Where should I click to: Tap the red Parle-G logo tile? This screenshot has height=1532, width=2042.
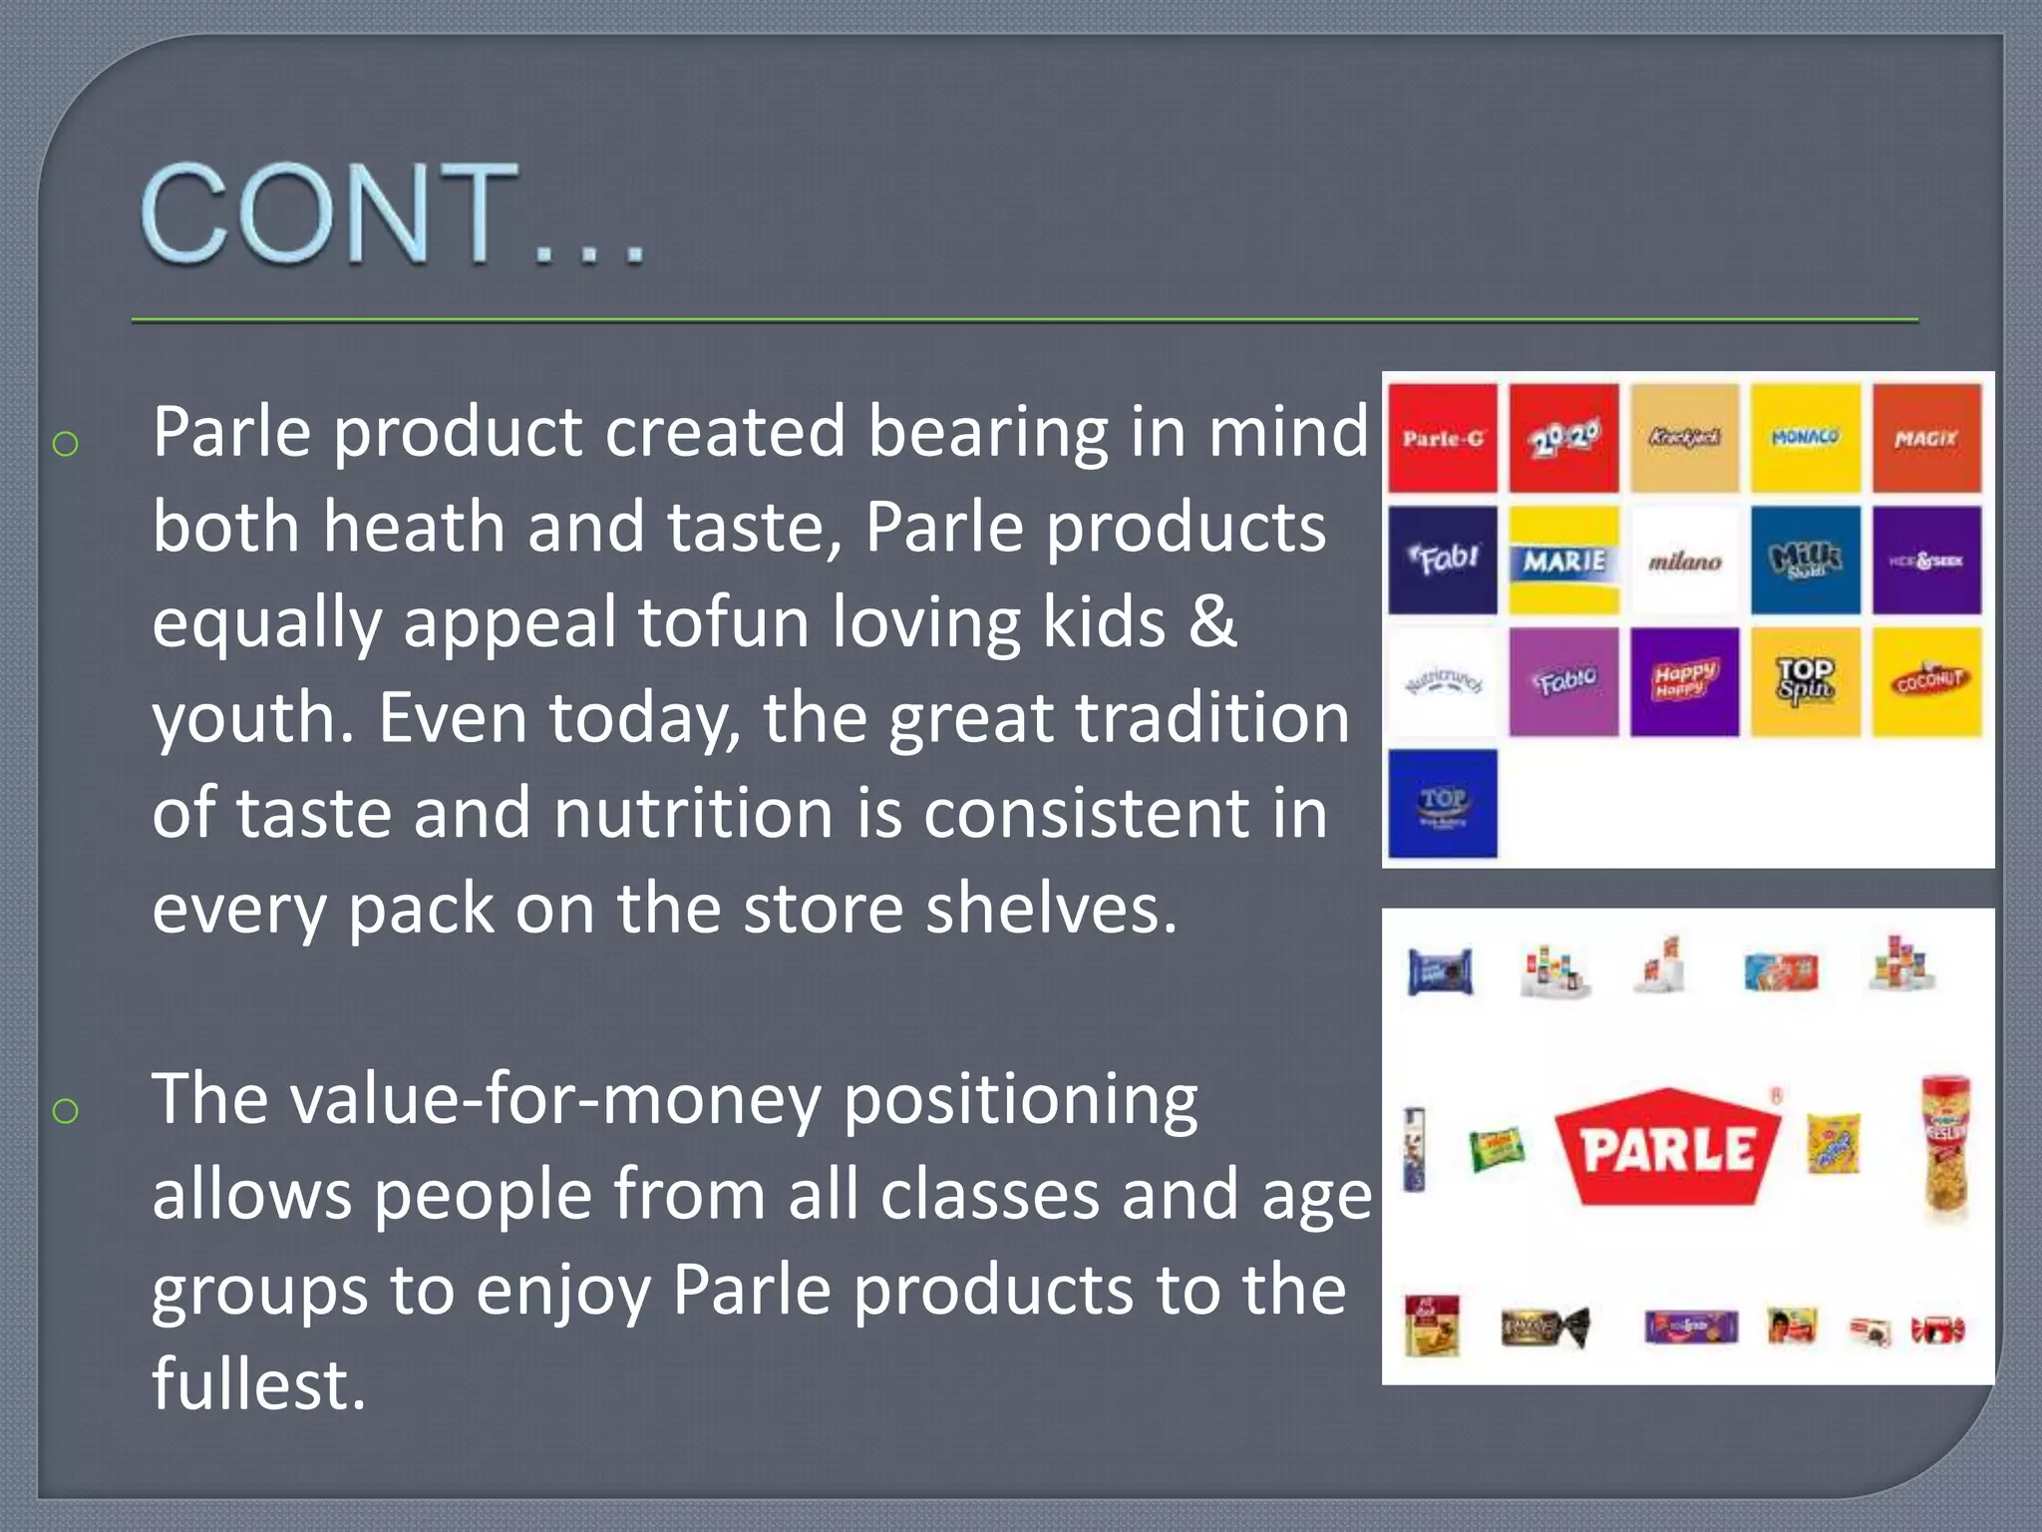click(x=1443, y=438)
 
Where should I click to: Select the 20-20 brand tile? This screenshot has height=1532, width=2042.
click(x=1563, y=438)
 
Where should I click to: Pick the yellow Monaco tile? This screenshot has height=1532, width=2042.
click(x=1805, y=438)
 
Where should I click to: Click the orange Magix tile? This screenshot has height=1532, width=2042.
click(x=1926, y=438)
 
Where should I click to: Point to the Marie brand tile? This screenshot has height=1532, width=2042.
click(x=1563, y=560)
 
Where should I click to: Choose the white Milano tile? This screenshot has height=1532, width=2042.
click(x=1684, y=561)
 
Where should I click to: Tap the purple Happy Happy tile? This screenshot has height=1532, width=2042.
click(x=1684, y=681)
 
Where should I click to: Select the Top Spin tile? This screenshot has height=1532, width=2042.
click(x=1805, y=681)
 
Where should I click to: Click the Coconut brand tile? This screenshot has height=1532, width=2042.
click(x=1926, y=681)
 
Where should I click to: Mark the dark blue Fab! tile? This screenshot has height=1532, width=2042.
click(x=1443, y=560)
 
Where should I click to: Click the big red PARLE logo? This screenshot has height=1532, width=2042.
click(x=1668, y=1147)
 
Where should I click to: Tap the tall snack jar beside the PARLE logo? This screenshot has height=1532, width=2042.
click(x=1945, y=1147)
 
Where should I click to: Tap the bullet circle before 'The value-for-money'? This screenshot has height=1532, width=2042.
click(x=66, y=1110)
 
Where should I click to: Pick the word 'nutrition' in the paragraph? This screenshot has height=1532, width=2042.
click(x=693, y=813)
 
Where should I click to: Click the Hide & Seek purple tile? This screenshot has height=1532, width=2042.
click(x=1926, y=560)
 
